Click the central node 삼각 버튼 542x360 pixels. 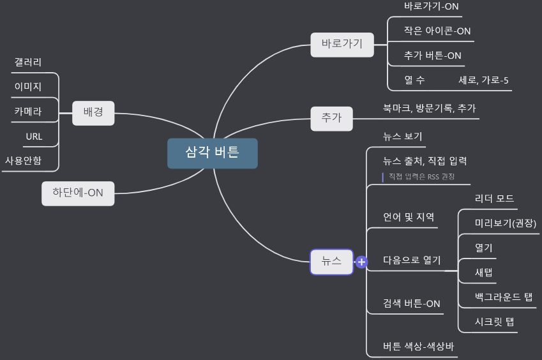pyautogui.click(x=213, y=153)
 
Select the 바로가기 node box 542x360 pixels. pyautogui.click(x=342, y=45)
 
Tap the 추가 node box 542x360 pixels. pyautogui.click(x=331, y=118)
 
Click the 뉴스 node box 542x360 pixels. pyautogui.click(x=331, y=262)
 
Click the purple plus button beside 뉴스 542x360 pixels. pyautogui.click(x=361, y=262)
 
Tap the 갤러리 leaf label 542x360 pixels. pyautogui.click(x=28, y=63)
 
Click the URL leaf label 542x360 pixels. pyautogui.click(x=34, y=137)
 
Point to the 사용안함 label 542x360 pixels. pyautogui.click(x=23, y=160)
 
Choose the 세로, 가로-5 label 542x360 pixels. pyautogui.click(x=483, y=80)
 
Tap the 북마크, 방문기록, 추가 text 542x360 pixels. pyautogui.click(x=429, y=109)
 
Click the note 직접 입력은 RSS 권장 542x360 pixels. pyautogui.click(x=421, y=176)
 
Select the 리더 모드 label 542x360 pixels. pyautogui.click(x=494, y=199)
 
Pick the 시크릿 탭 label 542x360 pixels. pyautogui.click(x=494, y=321)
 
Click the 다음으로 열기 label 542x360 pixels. pyautogui.click(x=412, y=260)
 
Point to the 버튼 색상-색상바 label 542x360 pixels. pyautogui.click(x=418, y=346)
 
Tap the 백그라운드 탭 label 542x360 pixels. pyautogui.click(x=504, y=297)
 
